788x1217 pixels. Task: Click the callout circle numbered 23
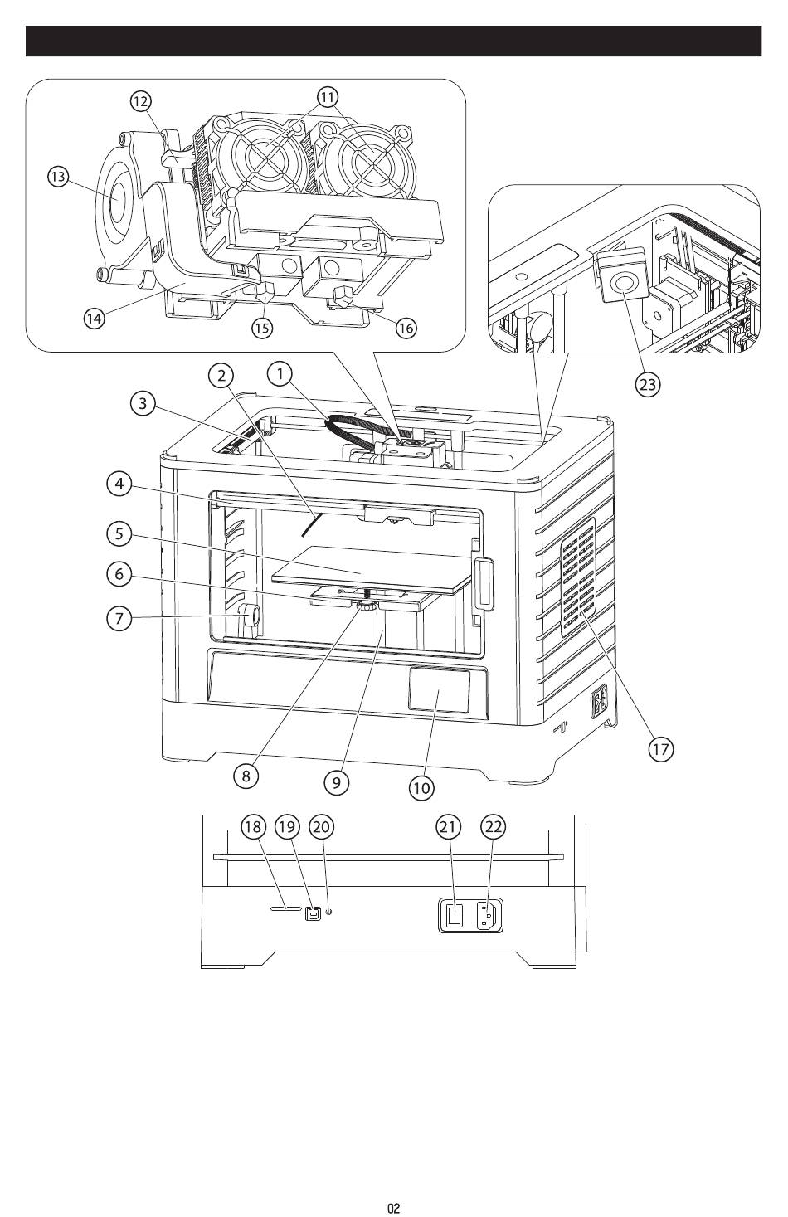[x=647, y=385]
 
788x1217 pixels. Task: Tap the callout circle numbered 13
[x=58, y=177]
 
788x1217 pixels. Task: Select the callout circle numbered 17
[x=660, y=749]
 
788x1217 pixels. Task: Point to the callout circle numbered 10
[x=421, y=787]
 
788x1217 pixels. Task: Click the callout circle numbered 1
[x=280, y=374]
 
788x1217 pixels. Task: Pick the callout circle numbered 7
[x=119, y=619]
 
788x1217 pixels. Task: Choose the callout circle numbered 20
[x=322, y=826]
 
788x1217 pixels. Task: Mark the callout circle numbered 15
[x=262, y=328]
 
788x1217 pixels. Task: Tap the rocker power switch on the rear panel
[x=454, y=917]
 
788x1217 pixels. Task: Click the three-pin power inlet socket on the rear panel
[x=488, y=917]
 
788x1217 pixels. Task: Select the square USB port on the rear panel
[x=313, y=914]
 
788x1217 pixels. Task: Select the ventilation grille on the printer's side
[x=578, y=577]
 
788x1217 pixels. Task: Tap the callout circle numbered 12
[x=141, y=101]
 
